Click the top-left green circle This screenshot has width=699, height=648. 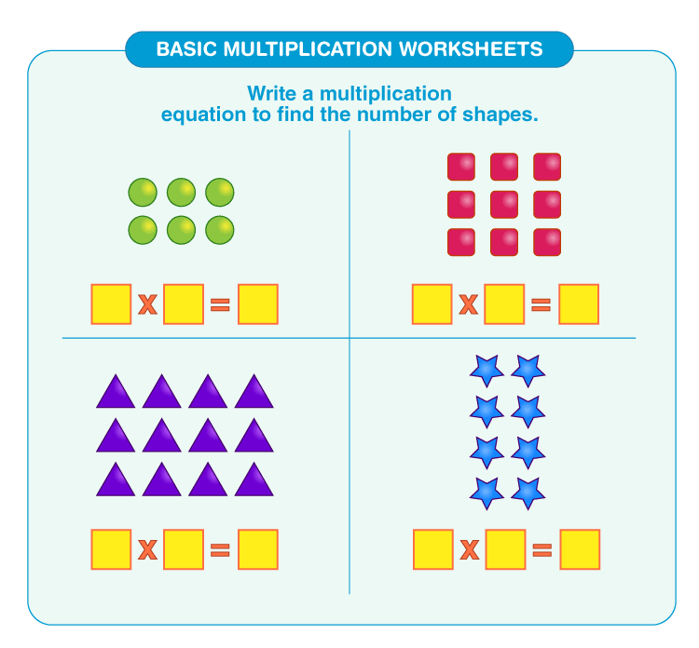(x=143, y=193)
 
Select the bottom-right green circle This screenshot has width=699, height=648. (x=220, y=229)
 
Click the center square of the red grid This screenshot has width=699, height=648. (x=504, y=205)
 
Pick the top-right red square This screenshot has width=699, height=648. (x=547, y=168)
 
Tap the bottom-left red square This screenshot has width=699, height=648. (x=461, y=242)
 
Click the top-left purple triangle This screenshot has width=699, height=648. (x=116, y=393)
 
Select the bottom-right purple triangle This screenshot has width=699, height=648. (x=254, y=480)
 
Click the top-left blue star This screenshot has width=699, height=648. (x=486, y=371)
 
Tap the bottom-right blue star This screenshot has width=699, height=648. (x=528, y=493)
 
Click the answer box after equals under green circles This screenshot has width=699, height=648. (x=258, y=304)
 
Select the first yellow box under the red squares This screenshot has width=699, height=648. (x=432, y=304)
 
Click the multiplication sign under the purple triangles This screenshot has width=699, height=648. (x=147, y=549)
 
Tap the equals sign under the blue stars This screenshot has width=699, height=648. (x=541, y=549)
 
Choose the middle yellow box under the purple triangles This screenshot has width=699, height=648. (x=184, y=549)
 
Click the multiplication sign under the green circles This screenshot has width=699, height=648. (x=147, y=304)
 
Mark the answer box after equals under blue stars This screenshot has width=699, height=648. (x=579, y=549)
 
